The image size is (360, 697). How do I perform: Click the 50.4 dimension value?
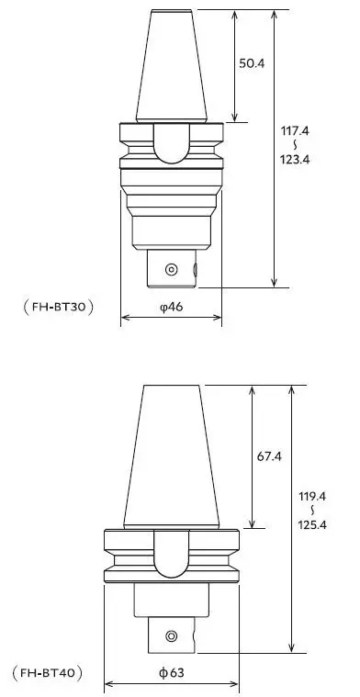point(253,63)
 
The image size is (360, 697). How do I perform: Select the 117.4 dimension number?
point(295,131)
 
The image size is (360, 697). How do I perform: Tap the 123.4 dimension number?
point(295,158)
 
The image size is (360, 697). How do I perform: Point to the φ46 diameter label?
point(172,308)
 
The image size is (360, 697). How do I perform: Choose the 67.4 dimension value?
point(269,456)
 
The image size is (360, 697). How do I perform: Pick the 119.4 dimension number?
point(313,497)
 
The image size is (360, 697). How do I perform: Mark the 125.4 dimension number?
point(313,523)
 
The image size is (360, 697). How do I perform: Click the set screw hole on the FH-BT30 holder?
point(170,269)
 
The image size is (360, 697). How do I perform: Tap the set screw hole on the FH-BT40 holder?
point(170,635)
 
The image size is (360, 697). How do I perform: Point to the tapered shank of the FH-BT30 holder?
point(172,69)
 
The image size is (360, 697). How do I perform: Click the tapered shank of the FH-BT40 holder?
point(172,459)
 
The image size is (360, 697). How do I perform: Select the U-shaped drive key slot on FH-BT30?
point(172,142)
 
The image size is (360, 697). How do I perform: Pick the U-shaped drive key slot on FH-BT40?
point(172,556)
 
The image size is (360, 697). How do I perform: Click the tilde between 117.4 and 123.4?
point(295,145)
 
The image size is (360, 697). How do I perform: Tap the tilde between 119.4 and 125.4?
point(313,511)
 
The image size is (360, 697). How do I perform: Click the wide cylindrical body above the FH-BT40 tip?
point(172,601)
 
